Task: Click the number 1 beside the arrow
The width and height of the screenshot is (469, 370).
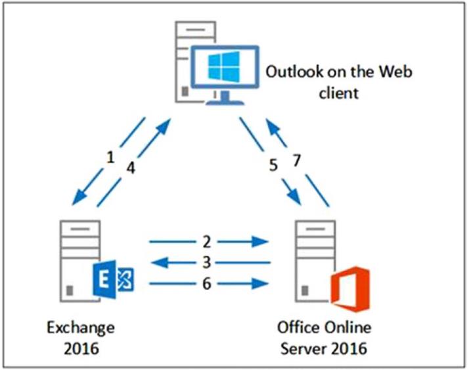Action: tap(111, 156)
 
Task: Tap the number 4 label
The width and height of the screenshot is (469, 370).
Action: tap(131, 168)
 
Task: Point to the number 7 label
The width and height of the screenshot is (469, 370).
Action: tap(297, 160)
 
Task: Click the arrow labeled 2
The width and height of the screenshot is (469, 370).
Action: tap(209, 241)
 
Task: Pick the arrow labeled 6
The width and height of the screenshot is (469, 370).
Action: tap(209, 284)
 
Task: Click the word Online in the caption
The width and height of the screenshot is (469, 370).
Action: tap(349, 327)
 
